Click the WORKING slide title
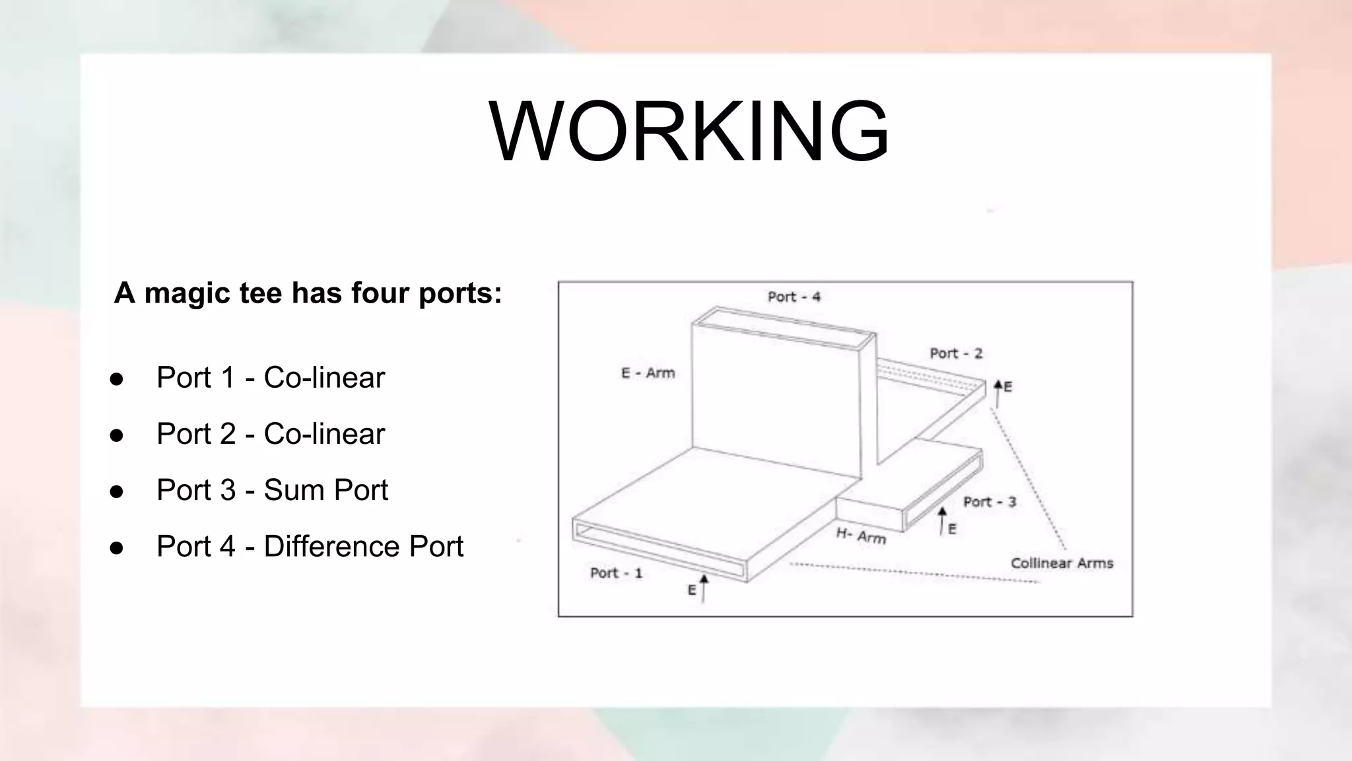689,131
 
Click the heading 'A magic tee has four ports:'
308,293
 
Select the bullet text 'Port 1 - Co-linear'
270,377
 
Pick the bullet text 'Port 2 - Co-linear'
270,434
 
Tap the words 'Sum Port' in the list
325,490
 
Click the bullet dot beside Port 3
117,491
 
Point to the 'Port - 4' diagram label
794,297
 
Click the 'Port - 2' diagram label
956,353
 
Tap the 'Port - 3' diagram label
989,502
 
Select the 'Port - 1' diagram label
616,573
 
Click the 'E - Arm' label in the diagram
648,373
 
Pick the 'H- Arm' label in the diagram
861,536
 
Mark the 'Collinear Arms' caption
1062,563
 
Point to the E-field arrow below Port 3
943,521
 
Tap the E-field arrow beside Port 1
704,587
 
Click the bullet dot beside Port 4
117,548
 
